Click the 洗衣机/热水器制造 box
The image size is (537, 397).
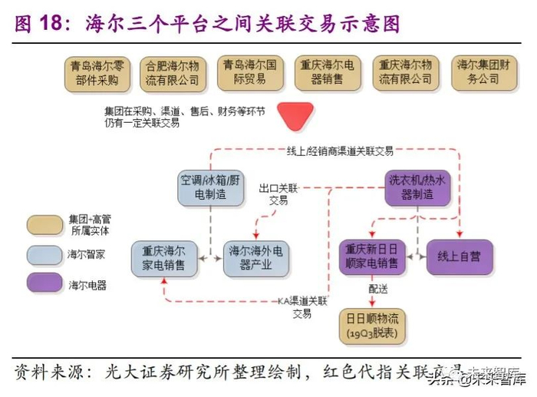click(417, 187)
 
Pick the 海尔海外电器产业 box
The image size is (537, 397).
click(258, 258)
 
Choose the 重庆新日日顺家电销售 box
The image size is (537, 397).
click(372, 257)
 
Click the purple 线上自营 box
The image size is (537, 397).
click(460, 257)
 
